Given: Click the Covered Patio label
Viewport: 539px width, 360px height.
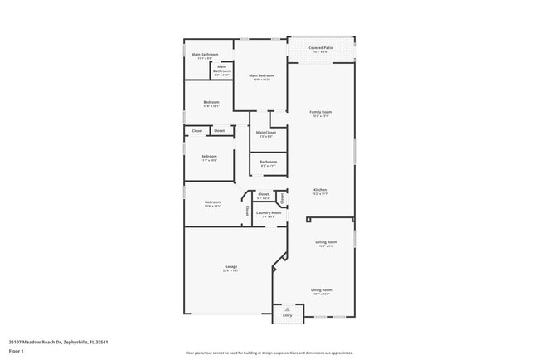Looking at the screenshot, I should pyautogui.click(x=321, y=48).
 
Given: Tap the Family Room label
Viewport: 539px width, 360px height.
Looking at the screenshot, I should pyautogui.click(x=321, y=112).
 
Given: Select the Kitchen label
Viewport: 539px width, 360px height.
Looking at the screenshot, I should pyautogui.click(x=321, y=190).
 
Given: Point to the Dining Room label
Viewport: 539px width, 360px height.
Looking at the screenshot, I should pyautogui.click(x=326, y=241).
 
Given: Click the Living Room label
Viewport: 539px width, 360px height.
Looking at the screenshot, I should pyautogui.click(x=321, y=289).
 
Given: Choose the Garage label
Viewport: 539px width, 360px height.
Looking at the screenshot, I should pyautogui.click(x=231, y=266).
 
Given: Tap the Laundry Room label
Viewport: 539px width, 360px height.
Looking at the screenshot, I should pyautogui.click(x=266, y=212).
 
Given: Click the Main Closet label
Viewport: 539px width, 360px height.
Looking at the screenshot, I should pyautogui.click(x=266, y=132).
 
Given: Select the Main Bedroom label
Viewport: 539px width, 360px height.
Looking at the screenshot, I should pyautogui.click(x=262, y=75).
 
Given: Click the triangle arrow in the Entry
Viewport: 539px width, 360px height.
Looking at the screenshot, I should pyautogui.click(x=288, y=309).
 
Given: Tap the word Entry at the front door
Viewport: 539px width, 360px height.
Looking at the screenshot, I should pyautogui.click(x=288, y=316).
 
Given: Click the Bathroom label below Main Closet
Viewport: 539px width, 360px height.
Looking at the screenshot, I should pyautogui.click(x=269, y=162).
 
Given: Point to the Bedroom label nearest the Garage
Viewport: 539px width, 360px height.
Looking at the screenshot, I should pyautogui.click(x=213, y=202).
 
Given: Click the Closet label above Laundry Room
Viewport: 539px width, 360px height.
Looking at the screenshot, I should pyautogui.click(x=263, y=194).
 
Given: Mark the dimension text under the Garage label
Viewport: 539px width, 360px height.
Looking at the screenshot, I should pyautogui.click(x=231, y=270).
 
